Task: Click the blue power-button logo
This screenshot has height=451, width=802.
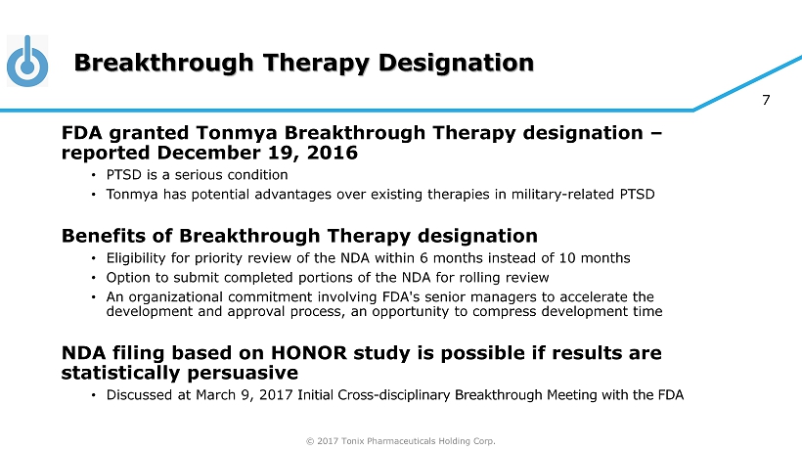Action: (27, 61)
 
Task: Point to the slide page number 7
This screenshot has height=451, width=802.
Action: (766, 100)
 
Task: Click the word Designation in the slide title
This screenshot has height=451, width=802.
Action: (456, 63)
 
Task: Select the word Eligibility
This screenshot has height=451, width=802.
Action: (136, 258)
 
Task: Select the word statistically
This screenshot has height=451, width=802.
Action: (121, 373)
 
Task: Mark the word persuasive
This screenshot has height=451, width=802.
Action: (243, 373)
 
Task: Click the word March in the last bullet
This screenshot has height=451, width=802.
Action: (215, 395)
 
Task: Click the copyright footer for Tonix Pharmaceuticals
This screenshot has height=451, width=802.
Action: (400, 441)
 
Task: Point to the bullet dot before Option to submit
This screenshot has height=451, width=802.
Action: (94, 278)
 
